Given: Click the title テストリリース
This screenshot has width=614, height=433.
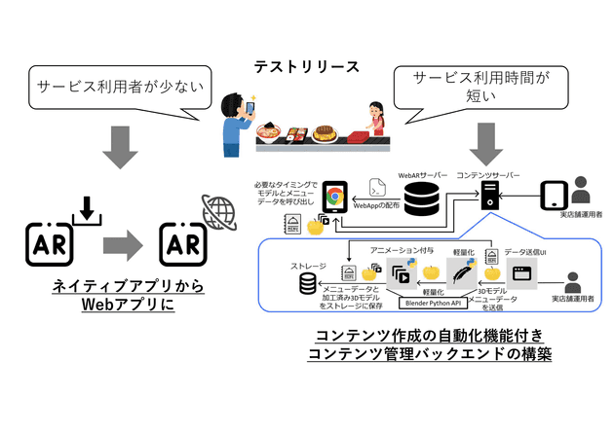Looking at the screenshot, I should (306, 67).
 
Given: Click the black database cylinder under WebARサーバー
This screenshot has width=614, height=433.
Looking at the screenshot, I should (421, 200).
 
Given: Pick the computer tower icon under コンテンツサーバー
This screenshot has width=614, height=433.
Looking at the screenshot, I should (490, 199).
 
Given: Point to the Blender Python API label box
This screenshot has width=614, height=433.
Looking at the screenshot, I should (427, 302).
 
